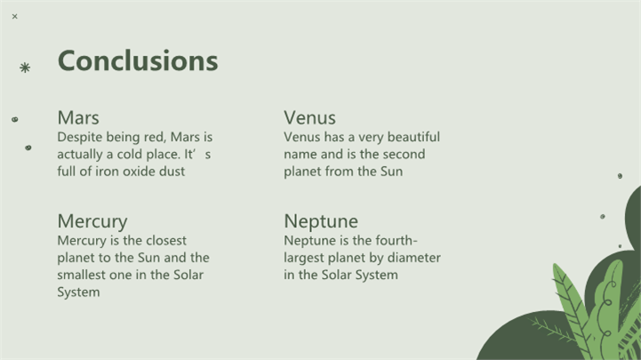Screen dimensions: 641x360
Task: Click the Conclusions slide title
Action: (138, 60)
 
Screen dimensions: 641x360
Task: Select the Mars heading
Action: (78, 117)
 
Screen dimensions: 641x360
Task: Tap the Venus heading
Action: (309, 117)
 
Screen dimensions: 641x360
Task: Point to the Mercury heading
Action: (92, 221)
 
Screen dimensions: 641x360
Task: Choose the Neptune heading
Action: (321, 221)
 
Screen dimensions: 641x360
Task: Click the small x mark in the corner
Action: (15, 16)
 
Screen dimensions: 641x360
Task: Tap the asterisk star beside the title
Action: (25, 68)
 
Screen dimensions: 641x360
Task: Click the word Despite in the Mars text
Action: (80, 137)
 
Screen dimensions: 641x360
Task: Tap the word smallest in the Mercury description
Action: (82, 275)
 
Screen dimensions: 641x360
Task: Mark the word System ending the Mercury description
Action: (78, 292)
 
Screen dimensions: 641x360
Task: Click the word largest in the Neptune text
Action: (304, 258)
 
